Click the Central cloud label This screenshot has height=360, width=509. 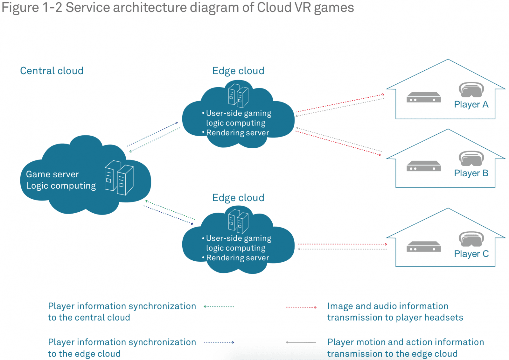coord(52,71)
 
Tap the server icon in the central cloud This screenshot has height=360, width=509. coord(119,178)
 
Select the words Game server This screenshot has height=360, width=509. coord(52,174)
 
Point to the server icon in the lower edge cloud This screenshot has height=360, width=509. coord(238,221)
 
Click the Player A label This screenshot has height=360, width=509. coord(471,104)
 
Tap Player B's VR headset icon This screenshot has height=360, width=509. coord(471,158)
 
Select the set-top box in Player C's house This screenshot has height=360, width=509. coord(423,247)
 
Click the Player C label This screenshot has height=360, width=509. coord(471,254)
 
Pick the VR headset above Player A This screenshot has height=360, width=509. coord(471,89)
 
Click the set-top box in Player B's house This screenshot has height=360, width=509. coord(423,166)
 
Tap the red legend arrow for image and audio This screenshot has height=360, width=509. coord(301,307)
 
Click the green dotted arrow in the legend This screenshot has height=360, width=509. coord(219,307)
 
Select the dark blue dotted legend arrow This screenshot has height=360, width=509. coord(219,342)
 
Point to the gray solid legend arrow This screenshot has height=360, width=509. coord(301,342)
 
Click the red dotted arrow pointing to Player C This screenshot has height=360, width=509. coord(342,244)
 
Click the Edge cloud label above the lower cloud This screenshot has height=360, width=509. coord(238,198)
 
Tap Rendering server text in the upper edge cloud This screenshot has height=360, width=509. coord(237,133)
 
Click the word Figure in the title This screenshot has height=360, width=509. coord(20,7)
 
